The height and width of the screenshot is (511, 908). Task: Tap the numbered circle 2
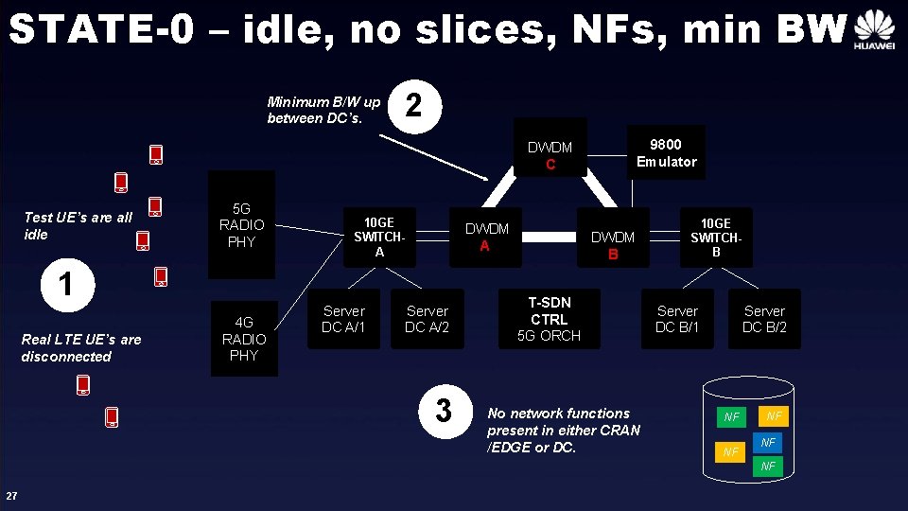[x=412, y=106]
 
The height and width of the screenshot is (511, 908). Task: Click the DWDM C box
[x=550, y=155]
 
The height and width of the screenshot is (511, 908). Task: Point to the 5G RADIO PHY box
[x=241, y=224]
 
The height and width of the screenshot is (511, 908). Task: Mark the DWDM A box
[x=486, y=237]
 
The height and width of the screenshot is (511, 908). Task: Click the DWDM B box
[x=613, y=245]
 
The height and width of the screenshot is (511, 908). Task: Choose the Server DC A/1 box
[x=343, y=319]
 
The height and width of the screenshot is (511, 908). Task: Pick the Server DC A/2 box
[x=428, y=319]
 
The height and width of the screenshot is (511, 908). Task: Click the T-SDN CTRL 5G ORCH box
[x=549, y=319]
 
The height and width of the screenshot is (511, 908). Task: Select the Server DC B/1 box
[x=677, y=319]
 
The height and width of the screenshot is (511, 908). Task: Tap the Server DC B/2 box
[x=764, y=319]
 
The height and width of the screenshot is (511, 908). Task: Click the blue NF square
[x=768, y=443]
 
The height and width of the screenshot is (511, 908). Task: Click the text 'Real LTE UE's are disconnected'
[x=81, y=347]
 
